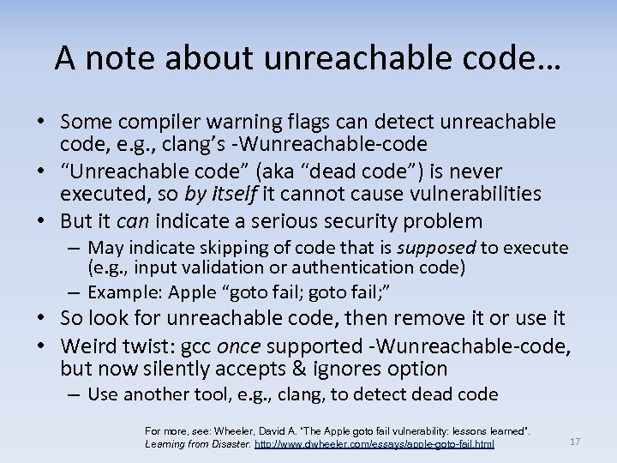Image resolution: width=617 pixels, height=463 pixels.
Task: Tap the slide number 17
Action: [575, 442]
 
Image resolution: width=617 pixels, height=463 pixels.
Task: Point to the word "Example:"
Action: [126, 292]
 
